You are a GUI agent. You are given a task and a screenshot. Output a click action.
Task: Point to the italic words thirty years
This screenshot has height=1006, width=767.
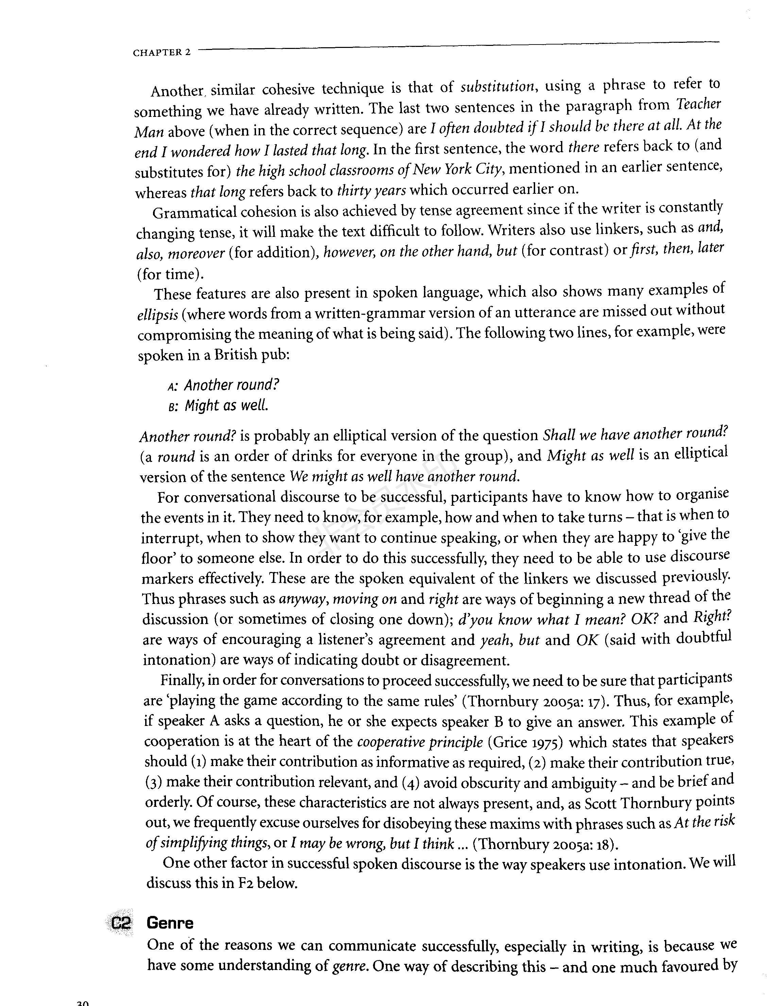[371, 190]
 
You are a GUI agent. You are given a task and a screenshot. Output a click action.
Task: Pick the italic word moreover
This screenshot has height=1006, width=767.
[200, 253]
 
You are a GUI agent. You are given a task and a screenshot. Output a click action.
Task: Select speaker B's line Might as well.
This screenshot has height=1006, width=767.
[226, 406]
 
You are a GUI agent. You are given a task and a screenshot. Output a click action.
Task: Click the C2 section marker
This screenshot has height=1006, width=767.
[121, 924]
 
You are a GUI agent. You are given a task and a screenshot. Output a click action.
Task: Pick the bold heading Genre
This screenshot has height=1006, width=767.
[170, 923]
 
